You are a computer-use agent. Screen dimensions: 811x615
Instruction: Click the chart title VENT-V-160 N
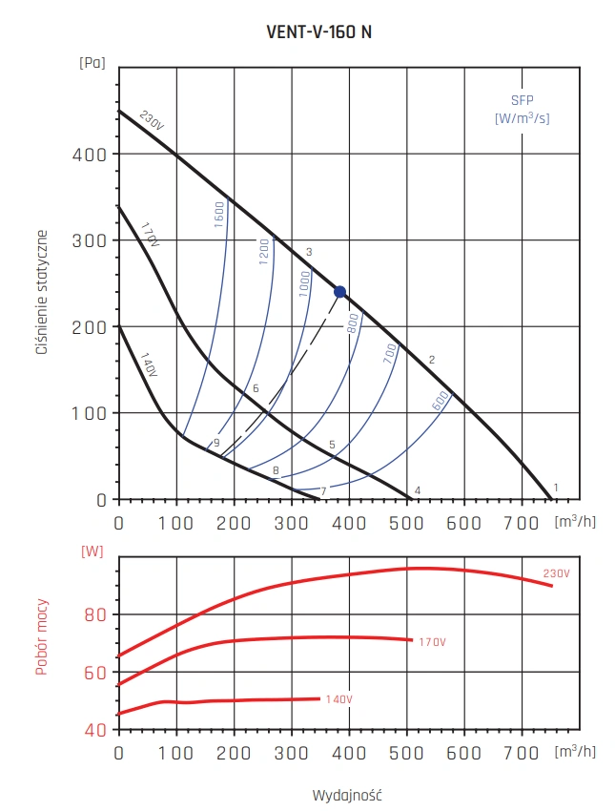coord(318,31)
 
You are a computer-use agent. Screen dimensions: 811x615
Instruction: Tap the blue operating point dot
coord(340,292)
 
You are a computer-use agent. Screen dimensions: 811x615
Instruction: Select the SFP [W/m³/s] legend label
coord(522,111)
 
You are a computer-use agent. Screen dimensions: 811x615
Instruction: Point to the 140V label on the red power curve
coord(338,700)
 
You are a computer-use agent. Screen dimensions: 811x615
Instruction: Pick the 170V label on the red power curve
coord(431,642)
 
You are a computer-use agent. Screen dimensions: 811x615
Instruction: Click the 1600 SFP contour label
coord(218,215)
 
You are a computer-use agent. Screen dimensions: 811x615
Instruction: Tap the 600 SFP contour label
coord(441,402)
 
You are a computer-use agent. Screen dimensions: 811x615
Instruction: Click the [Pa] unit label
coord(92,64)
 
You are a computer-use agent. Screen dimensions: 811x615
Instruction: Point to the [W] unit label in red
coord(92,551)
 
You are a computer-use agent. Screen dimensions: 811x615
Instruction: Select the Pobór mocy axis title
coord(42,637)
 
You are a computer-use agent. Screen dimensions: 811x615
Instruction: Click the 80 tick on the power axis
coord(93,614)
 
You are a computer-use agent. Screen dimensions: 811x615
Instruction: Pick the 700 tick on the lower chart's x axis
coord(522,753)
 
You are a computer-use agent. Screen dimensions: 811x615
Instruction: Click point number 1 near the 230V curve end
coord(556,488)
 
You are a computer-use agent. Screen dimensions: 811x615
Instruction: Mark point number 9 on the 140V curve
coord(216,443)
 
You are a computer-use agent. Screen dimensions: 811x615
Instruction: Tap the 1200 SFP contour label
coord(265,251)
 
